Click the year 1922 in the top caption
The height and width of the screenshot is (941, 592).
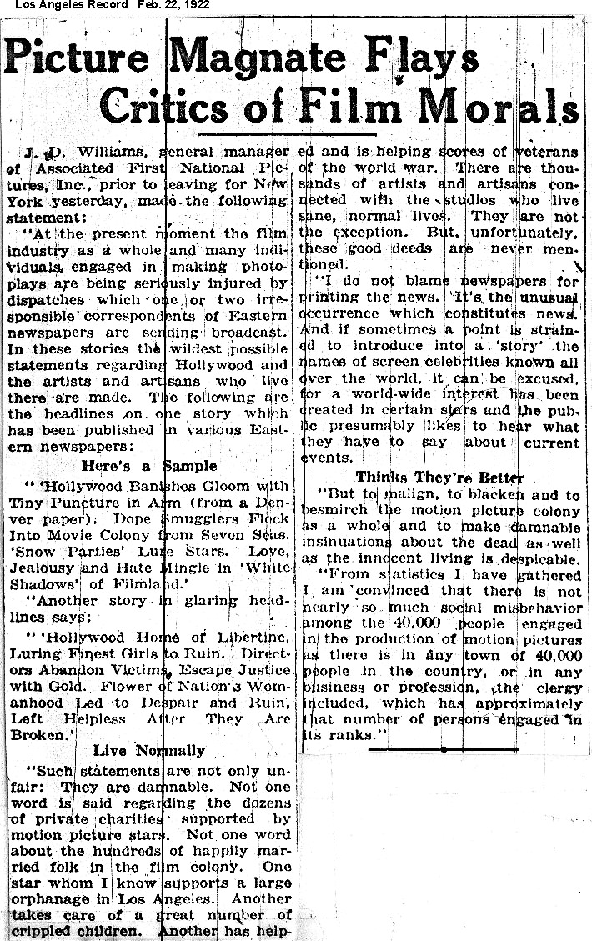195,5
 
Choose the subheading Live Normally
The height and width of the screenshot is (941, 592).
149,750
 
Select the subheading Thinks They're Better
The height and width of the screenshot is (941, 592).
439,477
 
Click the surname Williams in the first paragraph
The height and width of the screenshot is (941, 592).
109,153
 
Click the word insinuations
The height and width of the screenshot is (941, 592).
343,543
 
